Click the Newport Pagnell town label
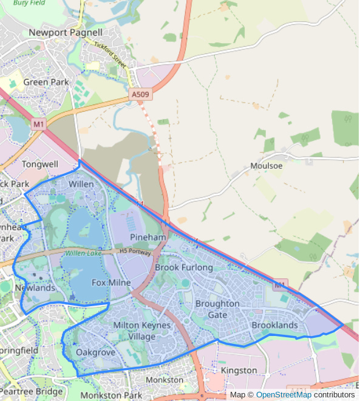coord(66,32)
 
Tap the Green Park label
coord(46,82)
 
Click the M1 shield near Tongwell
coord(39,125)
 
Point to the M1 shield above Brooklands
coord(279,284)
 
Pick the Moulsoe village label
coord(267,166)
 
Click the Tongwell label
coord(40,164)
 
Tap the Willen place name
coord(81,183)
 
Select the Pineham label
coord(148,237)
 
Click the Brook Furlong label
coord(184,267)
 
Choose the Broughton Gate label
coord(217,309)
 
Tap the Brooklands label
coord(275,325)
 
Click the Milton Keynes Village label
coord(142,331)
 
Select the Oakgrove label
coord(96,352)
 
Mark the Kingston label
coord(239,370)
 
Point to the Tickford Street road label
coord(109,54)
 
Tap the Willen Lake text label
coord(84,253)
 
